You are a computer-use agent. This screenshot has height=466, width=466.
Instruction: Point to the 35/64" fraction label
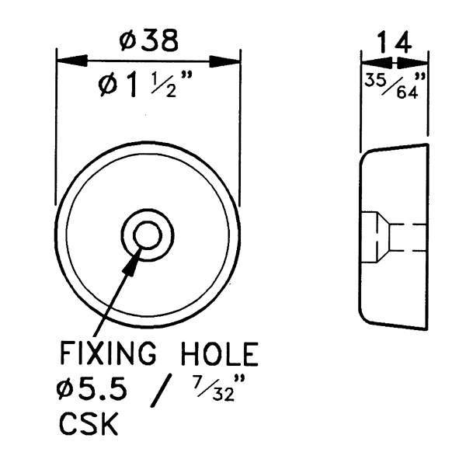point(395,85)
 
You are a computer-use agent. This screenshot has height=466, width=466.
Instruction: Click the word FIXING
point(108,353)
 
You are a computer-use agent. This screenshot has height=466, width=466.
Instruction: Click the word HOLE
point(219,353)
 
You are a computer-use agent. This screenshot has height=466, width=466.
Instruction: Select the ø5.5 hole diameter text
point(92,390)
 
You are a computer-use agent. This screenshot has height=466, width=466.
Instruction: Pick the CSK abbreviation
point(89,423)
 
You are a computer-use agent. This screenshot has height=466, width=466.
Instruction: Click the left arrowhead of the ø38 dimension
point(71,61)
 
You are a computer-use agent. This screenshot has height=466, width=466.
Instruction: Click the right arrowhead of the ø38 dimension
point(224,61)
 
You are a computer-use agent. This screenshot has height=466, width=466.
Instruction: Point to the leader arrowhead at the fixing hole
point(132,263)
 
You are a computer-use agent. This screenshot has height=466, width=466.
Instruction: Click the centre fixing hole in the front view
point(148,235)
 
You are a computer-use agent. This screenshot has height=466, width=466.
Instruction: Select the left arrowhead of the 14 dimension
point(377,63)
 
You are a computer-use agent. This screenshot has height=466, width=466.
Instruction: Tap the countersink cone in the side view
point(383,238)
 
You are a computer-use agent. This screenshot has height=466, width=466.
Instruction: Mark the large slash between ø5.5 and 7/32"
point(162,391)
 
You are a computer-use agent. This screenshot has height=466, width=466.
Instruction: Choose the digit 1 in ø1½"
point(131,85)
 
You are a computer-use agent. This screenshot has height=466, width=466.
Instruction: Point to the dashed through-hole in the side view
point(408,238)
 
